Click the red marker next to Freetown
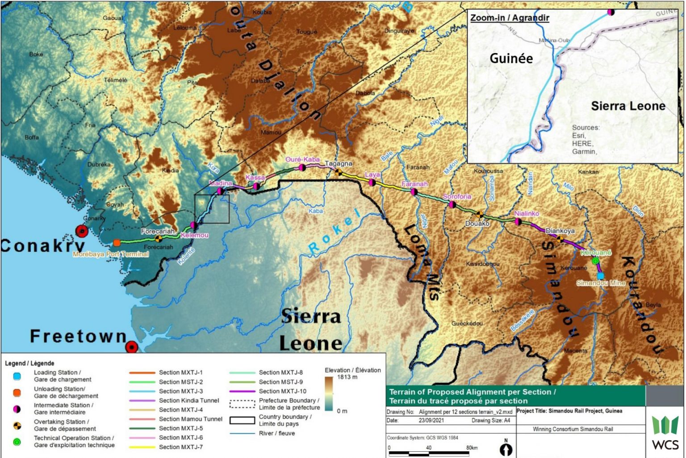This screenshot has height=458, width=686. [131, 347]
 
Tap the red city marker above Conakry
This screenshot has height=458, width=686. [82, 231]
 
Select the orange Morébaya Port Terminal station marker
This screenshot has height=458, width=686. [117, 243]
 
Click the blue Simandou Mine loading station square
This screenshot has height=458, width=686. [600, 276]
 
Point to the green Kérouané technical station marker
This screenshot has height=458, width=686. [595, 261]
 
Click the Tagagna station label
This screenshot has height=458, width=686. [339, 164]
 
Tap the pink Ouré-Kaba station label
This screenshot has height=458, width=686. [302, 159]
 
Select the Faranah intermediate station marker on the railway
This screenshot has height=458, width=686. [414, 192]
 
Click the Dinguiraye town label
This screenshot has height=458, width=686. [399, 31]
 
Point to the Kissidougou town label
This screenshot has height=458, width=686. [482, 264]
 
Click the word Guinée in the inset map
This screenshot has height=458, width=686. [511, 58]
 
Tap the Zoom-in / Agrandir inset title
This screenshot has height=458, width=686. [510, 18]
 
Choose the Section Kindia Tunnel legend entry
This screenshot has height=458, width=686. [189, 400]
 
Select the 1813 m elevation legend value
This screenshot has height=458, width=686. [347, 377]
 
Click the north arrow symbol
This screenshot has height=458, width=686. [506, 448]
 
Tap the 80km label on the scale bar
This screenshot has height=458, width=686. [472, 447]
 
